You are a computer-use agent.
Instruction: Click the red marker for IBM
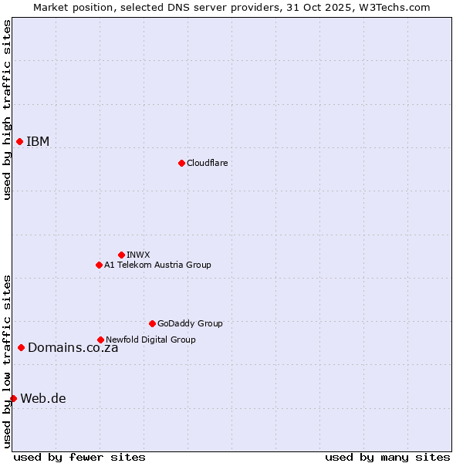(19, 141)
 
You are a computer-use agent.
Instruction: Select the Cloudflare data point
(181, 163)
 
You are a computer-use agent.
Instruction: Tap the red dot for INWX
(121, 255)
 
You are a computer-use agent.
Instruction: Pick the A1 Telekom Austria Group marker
(99, 265)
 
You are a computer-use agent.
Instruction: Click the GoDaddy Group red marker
(152, 323)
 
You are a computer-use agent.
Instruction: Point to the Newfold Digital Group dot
(100, 340)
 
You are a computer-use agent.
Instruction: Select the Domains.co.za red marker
(21, 347)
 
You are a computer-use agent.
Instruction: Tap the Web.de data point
(13, 398)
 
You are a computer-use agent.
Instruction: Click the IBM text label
(38, 141)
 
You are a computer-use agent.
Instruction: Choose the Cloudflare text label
(207, 163)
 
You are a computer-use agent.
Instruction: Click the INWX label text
(138, 255)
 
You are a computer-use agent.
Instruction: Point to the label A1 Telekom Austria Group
(157, 265)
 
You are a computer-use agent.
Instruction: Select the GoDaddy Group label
(190, 323)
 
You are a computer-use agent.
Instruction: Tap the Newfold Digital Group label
(150, 340)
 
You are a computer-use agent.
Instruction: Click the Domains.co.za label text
(73, 347)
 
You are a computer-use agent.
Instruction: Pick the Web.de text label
(43, 398)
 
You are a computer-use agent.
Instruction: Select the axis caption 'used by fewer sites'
(79, 457)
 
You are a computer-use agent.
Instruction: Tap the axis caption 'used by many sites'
(387, 457)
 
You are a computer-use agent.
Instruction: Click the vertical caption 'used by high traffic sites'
(7, 110)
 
